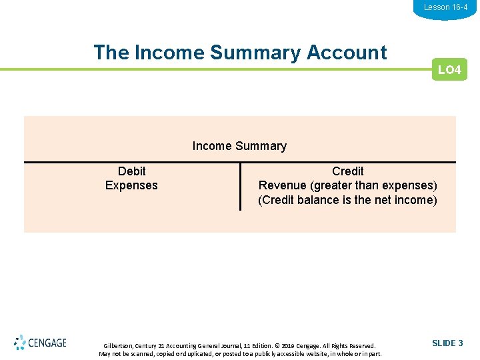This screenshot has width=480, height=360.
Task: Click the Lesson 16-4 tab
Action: coord(445,7)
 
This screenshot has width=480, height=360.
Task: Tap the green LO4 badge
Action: coord(449,70)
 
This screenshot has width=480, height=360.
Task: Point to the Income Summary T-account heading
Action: coord(239,146)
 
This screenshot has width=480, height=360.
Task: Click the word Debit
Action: coord(131,171)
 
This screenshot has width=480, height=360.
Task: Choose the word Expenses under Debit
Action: coord(131,185)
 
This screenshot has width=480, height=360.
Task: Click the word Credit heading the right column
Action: coord(347,171)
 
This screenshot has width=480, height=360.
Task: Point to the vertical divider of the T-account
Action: coord(240,187)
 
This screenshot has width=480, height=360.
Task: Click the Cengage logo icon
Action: coord(20,343)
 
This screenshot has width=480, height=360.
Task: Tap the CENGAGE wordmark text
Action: coord(47,343)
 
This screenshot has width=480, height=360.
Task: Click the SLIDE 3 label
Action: coord(447,343)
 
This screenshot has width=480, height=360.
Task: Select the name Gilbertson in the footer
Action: coord(119,346)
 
